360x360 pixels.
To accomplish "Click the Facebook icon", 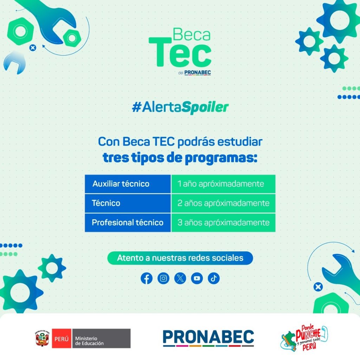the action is tap(147, 278).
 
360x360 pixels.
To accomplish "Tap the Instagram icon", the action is tap(163, 278).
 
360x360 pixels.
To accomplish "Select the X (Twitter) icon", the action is tap(180, 278).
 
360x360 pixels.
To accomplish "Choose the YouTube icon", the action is tap(197, 278).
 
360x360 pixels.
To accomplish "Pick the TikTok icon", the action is tap(214, 278).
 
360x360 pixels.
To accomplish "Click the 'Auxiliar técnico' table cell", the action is tap(128, 184).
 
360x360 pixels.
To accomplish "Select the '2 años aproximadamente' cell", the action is tap(223, 203).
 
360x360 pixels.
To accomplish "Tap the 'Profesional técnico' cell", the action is tap(128, 223).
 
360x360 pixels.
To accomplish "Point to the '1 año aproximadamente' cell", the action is tap(223, 184).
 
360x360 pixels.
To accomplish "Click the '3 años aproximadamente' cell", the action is tap(223, 223).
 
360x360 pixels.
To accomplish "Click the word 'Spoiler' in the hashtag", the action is tap(205, 108).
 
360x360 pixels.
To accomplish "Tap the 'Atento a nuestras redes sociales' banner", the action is tap(180, 258).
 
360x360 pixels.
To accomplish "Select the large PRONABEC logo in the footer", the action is tap(208, 338).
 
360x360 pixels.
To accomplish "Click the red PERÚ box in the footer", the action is tap(62, 339).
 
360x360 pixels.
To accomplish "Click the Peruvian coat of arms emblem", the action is tap(42, 339).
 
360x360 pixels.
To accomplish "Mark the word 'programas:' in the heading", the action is tap(221, 159).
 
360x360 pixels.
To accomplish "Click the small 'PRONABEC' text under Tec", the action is tap(198, 72).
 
